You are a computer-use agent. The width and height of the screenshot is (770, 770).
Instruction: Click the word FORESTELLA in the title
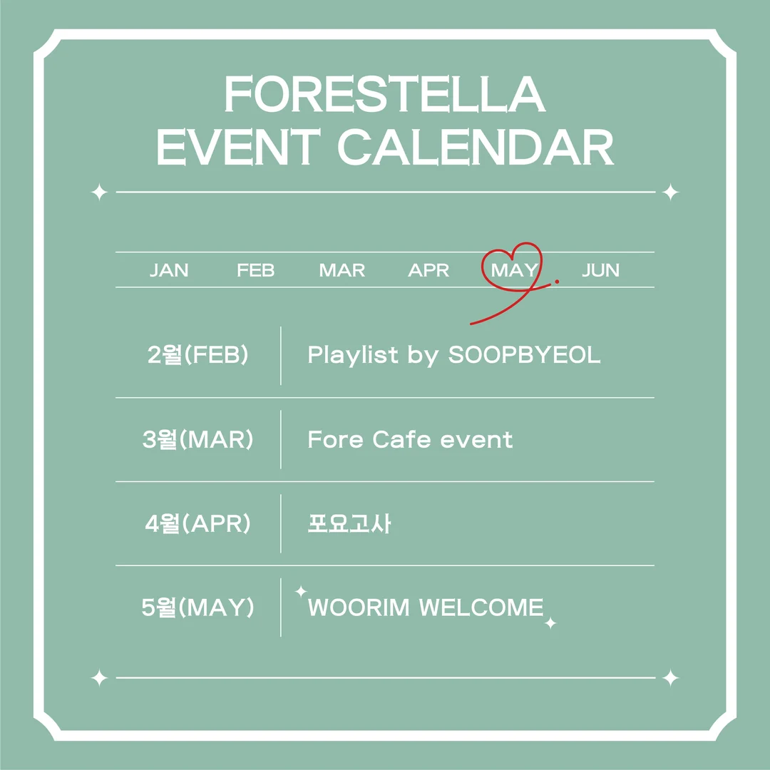point(385,95)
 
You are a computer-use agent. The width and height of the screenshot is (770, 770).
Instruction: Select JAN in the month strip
point(169,271)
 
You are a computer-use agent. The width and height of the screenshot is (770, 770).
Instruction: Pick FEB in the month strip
point(255,271)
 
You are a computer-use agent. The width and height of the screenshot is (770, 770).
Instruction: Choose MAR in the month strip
point(342,271)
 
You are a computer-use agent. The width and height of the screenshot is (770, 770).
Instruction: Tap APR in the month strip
point(428,271)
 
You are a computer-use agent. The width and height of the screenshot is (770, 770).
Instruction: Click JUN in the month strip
point(600,271)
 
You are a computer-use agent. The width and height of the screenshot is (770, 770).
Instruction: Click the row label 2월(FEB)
point(198,355)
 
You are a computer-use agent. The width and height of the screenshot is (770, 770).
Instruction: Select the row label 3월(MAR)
point(198,440)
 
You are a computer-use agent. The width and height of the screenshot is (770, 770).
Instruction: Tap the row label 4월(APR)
point(198,524)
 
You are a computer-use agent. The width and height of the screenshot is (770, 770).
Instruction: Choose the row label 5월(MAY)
point(198,608)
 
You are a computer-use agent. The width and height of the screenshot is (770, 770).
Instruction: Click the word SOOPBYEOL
point(524,355)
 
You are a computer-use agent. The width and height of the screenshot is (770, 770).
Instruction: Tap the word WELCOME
point(481,608)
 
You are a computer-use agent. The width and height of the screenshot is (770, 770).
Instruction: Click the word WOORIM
point(359,608)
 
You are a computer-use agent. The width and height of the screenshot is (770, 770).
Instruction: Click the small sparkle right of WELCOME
point(550,623)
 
